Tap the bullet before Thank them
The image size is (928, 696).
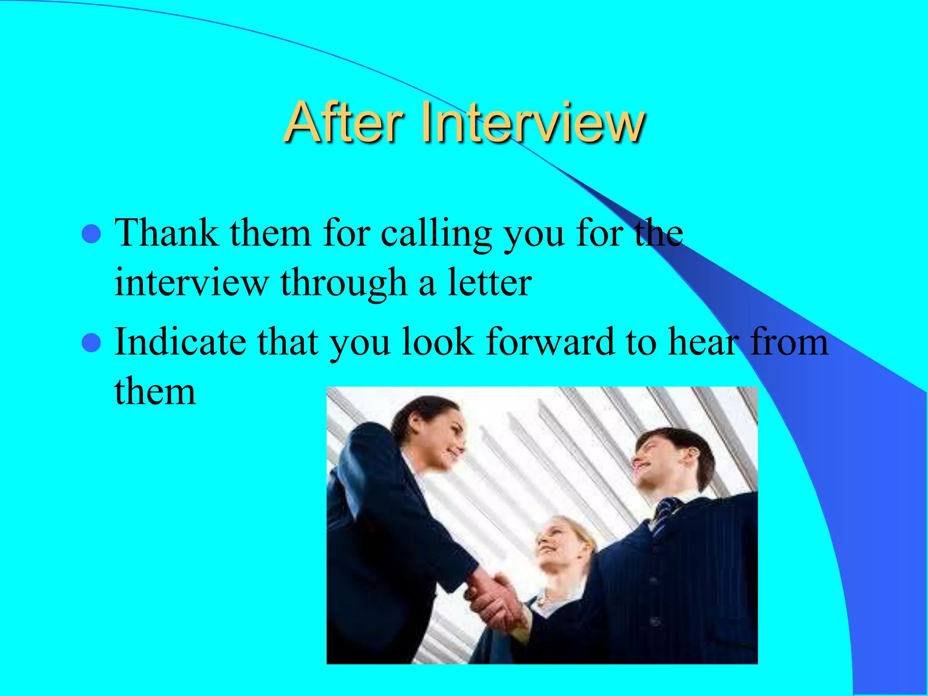click(91, 234)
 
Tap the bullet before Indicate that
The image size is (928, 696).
click(91, 343)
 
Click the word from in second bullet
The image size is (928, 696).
click(789, 342)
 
